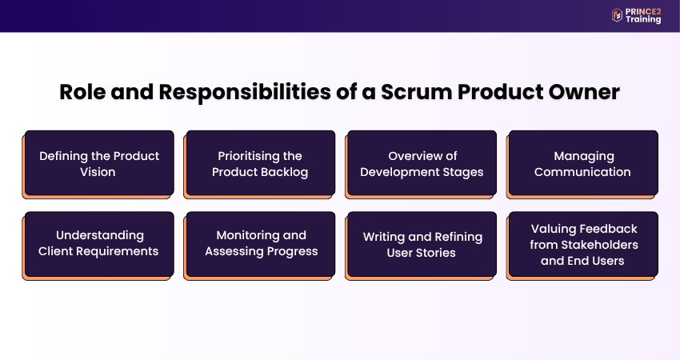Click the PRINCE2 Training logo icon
click(617, 14)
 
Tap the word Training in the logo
click(644, 20)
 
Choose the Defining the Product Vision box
click(99, 163)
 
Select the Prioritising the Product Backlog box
click(260, 163)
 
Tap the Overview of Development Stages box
click(422, 163)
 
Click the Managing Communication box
click(583, 163)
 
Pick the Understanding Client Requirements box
click(99, 244)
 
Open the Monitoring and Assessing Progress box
click(260, 244)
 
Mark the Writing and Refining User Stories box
click(422, 244)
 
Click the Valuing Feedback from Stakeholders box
click(583, 244)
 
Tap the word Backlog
click(282, 172)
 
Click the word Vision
click(99, 172)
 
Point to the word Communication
click(583, 172)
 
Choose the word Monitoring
click(250, 236)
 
